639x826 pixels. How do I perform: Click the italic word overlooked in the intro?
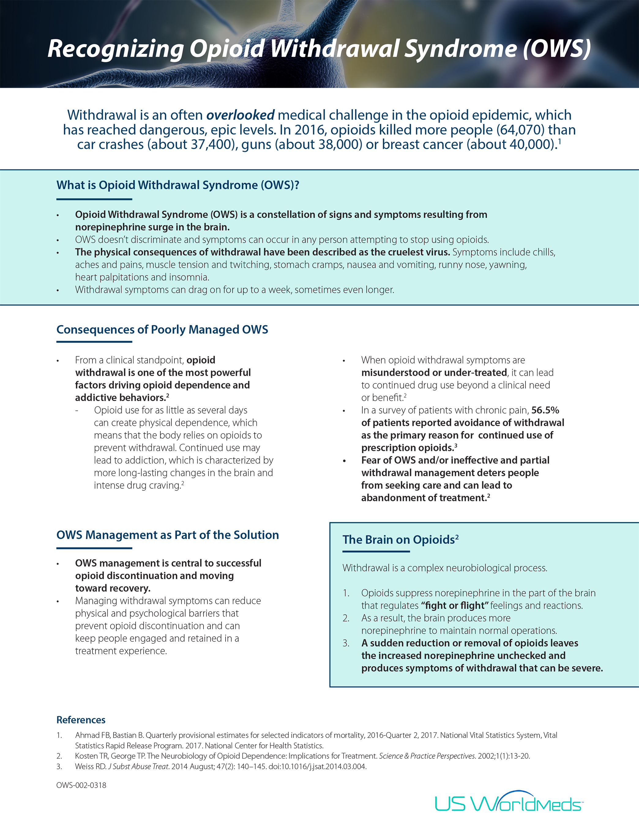click(240, 115)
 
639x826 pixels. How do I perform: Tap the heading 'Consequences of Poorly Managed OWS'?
click(162, 329)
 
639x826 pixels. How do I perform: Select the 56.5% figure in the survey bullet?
click(545, 410)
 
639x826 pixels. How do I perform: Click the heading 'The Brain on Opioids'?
click(400, 540)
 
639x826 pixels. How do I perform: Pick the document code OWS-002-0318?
click(81, 785)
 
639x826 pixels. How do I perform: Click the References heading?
click(81, 720)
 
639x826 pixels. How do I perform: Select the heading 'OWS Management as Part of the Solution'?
click(167, 535)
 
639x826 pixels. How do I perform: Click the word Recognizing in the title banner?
click(115, 49)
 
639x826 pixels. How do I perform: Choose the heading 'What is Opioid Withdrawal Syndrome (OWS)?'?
click(178, 185)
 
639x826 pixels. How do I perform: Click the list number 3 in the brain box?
click(346, 643)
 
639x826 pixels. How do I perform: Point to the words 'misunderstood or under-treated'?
click(434, 373)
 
